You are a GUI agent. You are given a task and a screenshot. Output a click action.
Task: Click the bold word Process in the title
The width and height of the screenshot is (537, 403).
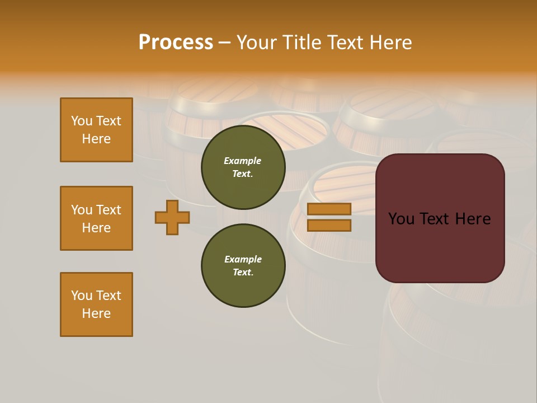pos(176,43)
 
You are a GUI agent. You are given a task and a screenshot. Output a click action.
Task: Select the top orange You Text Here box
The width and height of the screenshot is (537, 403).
pos(96,130)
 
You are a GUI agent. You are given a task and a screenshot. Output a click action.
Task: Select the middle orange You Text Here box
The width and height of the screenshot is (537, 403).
pos(96,218)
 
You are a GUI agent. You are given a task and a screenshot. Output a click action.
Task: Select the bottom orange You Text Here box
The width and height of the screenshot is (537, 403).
pos(96,304)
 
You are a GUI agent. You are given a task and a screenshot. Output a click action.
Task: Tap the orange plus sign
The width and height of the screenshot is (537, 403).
pos(172,217)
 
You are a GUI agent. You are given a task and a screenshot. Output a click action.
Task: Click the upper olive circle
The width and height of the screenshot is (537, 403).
pos(243,167)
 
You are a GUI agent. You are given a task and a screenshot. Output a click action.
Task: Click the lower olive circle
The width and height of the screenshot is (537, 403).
pos(243,266)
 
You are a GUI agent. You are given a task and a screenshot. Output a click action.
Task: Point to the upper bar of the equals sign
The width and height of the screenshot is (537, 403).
pos(329,209)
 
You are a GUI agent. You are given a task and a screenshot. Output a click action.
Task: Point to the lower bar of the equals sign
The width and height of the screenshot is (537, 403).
pos(329,225)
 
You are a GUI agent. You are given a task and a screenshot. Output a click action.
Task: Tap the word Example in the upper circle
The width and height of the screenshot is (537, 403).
pos(242,161)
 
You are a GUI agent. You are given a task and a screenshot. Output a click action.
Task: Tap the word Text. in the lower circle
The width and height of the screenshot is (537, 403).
pos(243,273)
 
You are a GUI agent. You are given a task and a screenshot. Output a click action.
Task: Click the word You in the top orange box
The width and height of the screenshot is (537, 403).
pos(81,121)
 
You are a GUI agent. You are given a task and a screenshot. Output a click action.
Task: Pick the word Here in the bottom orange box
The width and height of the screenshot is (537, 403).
pos(96,313)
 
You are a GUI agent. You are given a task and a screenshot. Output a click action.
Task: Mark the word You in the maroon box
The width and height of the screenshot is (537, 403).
pos(401,219)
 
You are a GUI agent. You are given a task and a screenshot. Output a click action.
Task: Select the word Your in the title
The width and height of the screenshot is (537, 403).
pos(258,43)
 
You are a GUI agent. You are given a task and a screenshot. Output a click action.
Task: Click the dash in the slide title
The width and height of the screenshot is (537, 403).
pos(224,43)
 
